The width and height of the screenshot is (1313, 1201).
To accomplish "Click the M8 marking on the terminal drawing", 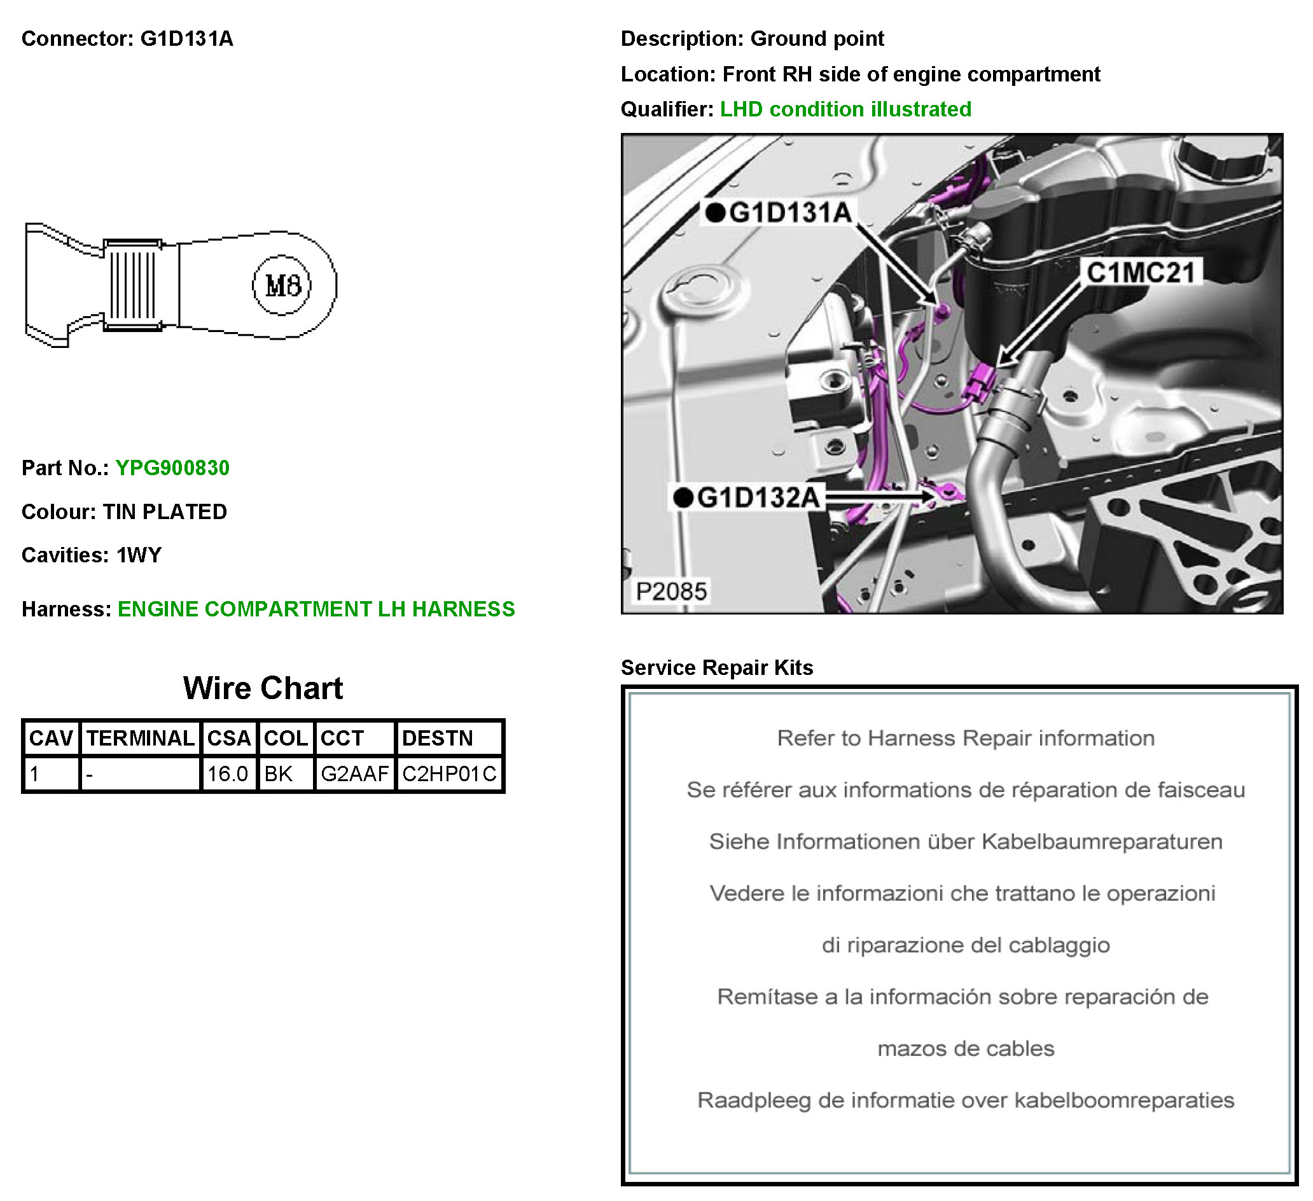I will (x=282, y=285).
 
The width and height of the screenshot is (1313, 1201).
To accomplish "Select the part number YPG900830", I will (x=172, y=468).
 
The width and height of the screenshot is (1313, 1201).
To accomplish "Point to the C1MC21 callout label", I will (x=1141, y=272).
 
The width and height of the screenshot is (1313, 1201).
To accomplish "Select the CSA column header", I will (x=229, y=739).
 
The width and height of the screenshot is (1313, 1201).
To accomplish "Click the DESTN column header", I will (x=438, y=739).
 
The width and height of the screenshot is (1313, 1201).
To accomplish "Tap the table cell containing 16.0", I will (x=228, y=774).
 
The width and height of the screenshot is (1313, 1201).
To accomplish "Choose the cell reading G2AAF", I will (x=355, y=774).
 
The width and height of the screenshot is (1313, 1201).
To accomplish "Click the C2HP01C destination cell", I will (x=449, y=774).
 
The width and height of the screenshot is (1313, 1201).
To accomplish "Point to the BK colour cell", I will (x=279, y=774).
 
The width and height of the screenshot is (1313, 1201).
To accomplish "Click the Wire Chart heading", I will (x=263, y=688).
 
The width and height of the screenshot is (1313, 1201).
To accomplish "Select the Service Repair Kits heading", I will (x=717, y=668).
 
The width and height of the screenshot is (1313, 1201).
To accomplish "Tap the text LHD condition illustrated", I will (x=846, y=109).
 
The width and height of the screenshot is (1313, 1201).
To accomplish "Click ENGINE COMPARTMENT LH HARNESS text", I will (x=317, y=609).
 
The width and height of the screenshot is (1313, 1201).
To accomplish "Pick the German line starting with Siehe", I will (x=966, y=842).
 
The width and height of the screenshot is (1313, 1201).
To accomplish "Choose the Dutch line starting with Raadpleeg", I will (x=966, y=1100).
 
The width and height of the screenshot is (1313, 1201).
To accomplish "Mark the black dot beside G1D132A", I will (x=683, y=498).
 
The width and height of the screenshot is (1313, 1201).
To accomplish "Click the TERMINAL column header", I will (x=141, y=739).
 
